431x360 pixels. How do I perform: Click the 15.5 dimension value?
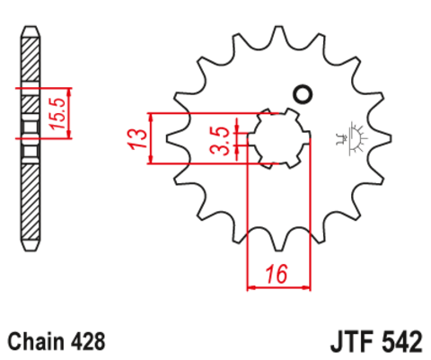tap(57, 113)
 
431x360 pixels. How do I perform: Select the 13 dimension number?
tap(138, 139)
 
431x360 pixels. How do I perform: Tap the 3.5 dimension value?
tap(221, 141)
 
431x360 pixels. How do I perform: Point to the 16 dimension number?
tap(277, 274)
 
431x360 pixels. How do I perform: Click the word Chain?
tap(36, 341)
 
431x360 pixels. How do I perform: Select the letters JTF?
tap(352, 342)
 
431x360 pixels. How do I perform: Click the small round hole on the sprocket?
tap(303, 95)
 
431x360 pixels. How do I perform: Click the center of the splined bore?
tap(278, 138)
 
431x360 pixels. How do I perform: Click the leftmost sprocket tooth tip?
tap(167, 139)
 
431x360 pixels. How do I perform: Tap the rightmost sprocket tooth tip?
tap(391, 139)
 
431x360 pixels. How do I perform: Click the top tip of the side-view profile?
tap(31, 26)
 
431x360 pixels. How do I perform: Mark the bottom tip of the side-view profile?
tap(31, 250)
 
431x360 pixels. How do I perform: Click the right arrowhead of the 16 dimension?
tap(307, 287)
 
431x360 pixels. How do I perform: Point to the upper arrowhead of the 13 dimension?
tap(151, 118)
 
